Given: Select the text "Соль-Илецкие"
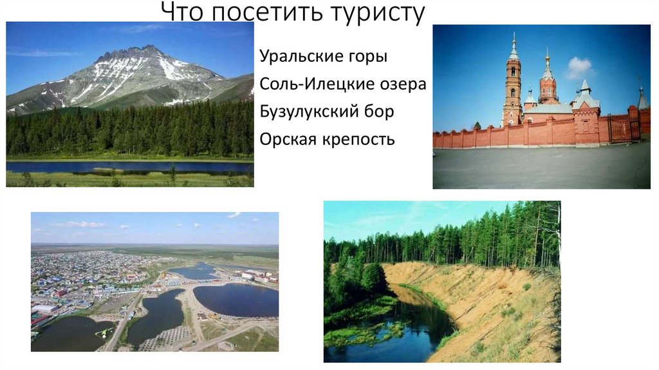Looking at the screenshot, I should (x=312, y=84).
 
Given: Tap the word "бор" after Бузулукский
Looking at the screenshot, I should (x=379, y=112).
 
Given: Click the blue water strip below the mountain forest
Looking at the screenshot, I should (x=129, y=166).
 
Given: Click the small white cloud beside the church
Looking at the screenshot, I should (x=579, y=66).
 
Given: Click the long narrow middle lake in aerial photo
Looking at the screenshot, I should (x=154, y=316).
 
